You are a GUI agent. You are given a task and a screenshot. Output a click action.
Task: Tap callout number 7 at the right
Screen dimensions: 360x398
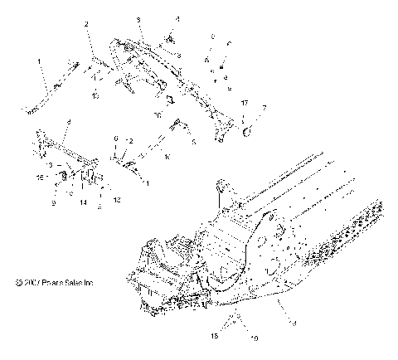click(x=264, y=108)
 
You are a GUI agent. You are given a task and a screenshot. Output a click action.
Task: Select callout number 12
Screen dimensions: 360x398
click(x=117, y=200)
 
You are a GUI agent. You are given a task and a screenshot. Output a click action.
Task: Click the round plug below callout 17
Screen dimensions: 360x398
click(x=246, y=125)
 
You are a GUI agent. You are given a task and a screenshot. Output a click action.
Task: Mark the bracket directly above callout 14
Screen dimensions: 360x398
click(x=86, y=181)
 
